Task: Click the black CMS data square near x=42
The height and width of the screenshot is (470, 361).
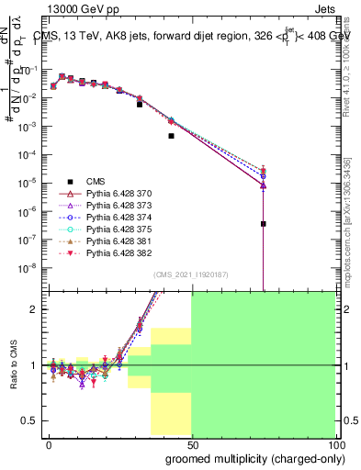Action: (171, 136)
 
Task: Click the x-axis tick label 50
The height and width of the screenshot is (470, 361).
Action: (191, 443)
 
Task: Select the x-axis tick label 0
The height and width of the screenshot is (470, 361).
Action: (49, 443)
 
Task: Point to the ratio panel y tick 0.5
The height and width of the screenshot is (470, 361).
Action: (30, 420)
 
